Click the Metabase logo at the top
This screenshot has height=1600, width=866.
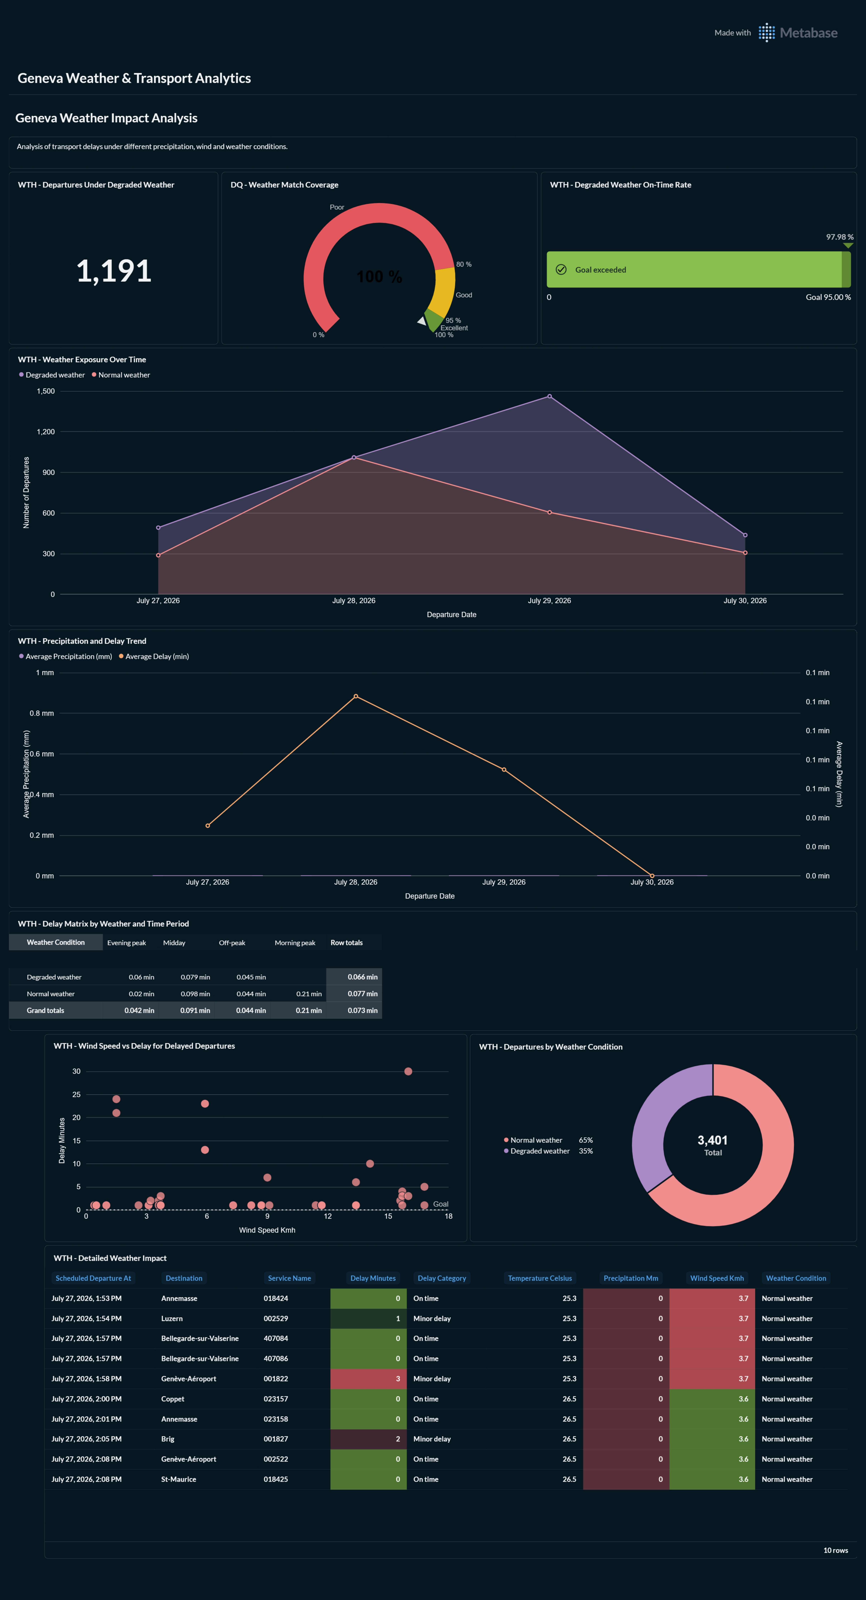pos(798,33)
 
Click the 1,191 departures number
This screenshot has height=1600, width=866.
pos(114,271)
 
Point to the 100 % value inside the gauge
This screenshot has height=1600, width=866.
pos(379,276)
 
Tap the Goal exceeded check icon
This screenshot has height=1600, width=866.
pos(561,270)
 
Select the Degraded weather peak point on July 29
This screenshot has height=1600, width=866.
pos(549,396)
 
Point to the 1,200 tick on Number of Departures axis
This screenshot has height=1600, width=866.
pos(45,432)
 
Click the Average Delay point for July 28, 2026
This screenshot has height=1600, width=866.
pos(355,696)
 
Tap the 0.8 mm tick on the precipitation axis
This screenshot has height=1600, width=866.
pos(42,713)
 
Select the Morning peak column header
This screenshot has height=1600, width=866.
pos(295,943)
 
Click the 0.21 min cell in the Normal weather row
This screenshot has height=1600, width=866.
pos(309,994)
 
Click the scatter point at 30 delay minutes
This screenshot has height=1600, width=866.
pos(408,1071)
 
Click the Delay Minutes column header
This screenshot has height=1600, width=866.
pos(373,1278)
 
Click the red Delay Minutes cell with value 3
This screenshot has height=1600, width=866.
pos(368,1379)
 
